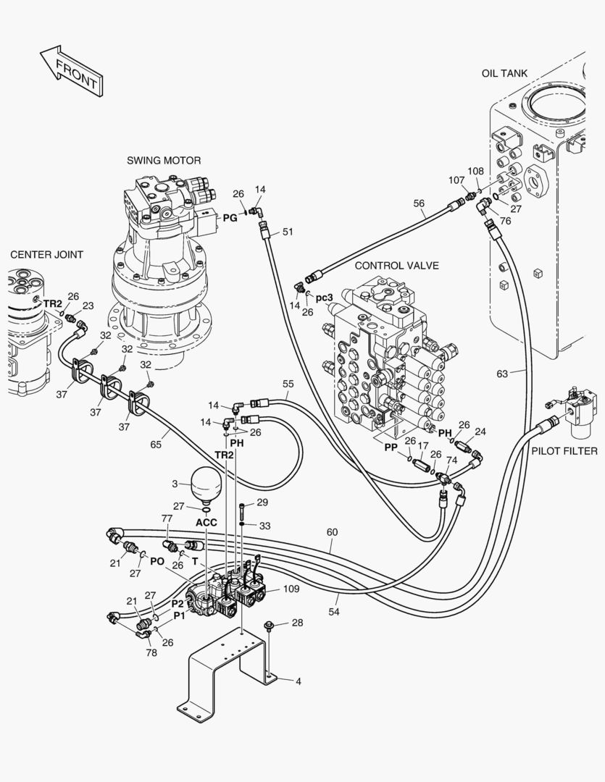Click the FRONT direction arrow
(x=70, y=71)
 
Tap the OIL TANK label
(x=504, y=73)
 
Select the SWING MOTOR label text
(x=164, y=160)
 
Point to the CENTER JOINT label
(x=46, y=254)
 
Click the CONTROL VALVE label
(x=396, y=266)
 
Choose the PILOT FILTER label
(x=564, y=451)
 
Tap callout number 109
(x=291, y=589)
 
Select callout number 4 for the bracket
(x=298, y=681)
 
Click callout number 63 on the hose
(x=502, y=374)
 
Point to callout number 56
(x=419, y=204)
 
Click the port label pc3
(x=325, y=297)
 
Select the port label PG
(x=229, y=217)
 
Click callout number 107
(x=456, y=180)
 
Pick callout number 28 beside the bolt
(x=297, y=623)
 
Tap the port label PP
(x=391, y=447)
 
